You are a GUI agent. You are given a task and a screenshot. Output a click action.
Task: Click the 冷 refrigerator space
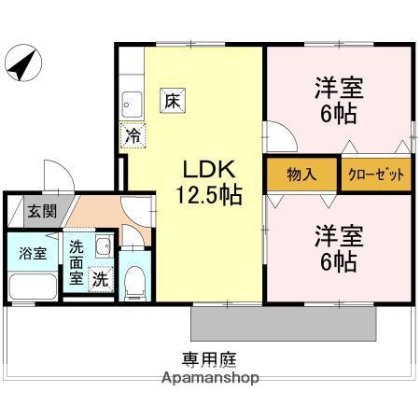pos(133,135)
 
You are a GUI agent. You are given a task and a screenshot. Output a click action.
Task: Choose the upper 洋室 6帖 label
pos(338,101)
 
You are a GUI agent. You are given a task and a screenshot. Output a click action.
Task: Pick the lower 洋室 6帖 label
pos(337,248)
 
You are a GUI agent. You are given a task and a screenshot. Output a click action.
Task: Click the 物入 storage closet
pos(301,175)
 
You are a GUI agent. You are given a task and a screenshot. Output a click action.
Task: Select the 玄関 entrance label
pos(40,211)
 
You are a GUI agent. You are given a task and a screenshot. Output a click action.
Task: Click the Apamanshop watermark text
pos(210,378)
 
